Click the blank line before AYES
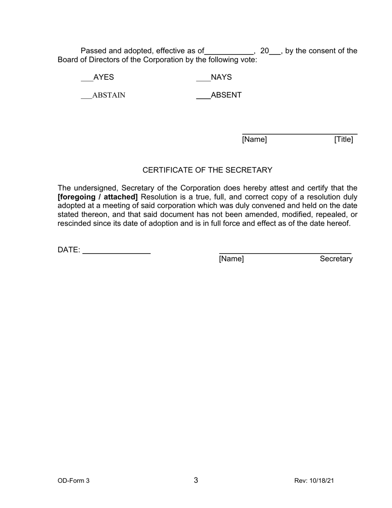click(87, 81)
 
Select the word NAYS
click(221, 77)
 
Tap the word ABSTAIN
click(109, 95)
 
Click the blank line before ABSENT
click(203, 99)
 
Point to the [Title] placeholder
click(344, 140)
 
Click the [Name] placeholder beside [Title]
click(254, 140)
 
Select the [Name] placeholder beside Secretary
click(231, 259)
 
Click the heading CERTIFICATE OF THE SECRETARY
click(207, 170)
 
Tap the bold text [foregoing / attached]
click(98, 197)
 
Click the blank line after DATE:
click(116, 253)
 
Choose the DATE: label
click(69, 250)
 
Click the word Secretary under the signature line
click(336, 259)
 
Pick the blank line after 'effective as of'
click(229, 54)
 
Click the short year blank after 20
click(275, 54)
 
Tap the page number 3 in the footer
click(196, 480)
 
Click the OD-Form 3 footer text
click(73, 481)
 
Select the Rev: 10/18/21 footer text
click(314, 481)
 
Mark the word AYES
click(104, 77)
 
